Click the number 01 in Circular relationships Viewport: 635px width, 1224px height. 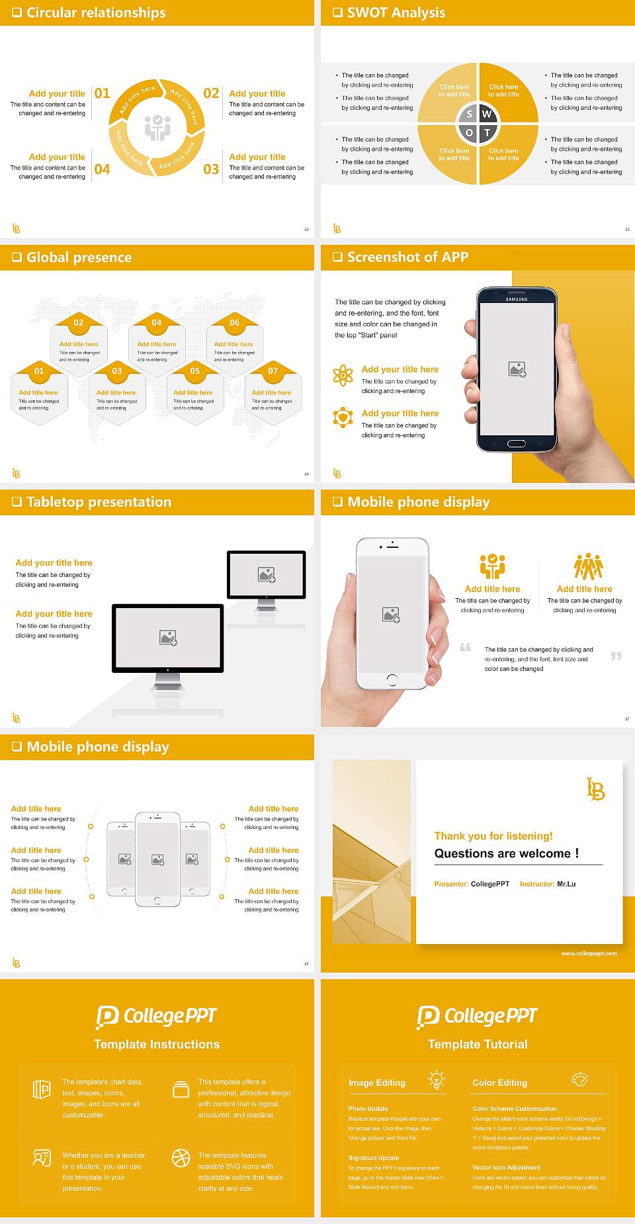102,93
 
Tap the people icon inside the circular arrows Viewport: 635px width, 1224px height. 157,127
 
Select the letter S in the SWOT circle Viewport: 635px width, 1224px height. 469,114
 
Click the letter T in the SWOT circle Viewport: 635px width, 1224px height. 487,132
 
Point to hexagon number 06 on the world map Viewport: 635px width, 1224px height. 235,322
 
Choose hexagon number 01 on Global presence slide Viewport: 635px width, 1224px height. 39,371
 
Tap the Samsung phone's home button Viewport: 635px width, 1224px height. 516,443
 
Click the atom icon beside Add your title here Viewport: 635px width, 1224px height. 343,375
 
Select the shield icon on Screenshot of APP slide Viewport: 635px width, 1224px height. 343,417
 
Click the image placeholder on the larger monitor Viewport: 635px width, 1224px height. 168,637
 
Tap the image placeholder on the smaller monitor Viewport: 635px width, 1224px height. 267,574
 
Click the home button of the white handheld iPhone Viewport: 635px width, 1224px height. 392,679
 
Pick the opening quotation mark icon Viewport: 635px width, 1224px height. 466,647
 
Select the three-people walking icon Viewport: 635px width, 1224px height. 588,567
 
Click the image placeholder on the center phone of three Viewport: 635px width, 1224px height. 157,859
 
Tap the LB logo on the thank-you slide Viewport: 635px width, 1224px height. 595,789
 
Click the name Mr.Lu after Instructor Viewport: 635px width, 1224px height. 566,884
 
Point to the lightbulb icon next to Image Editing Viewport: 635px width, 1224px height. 437,1079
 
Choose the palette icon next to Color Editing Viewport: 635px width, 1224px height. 579,1079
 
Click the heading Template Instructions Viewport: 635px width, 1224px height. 157,1044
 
